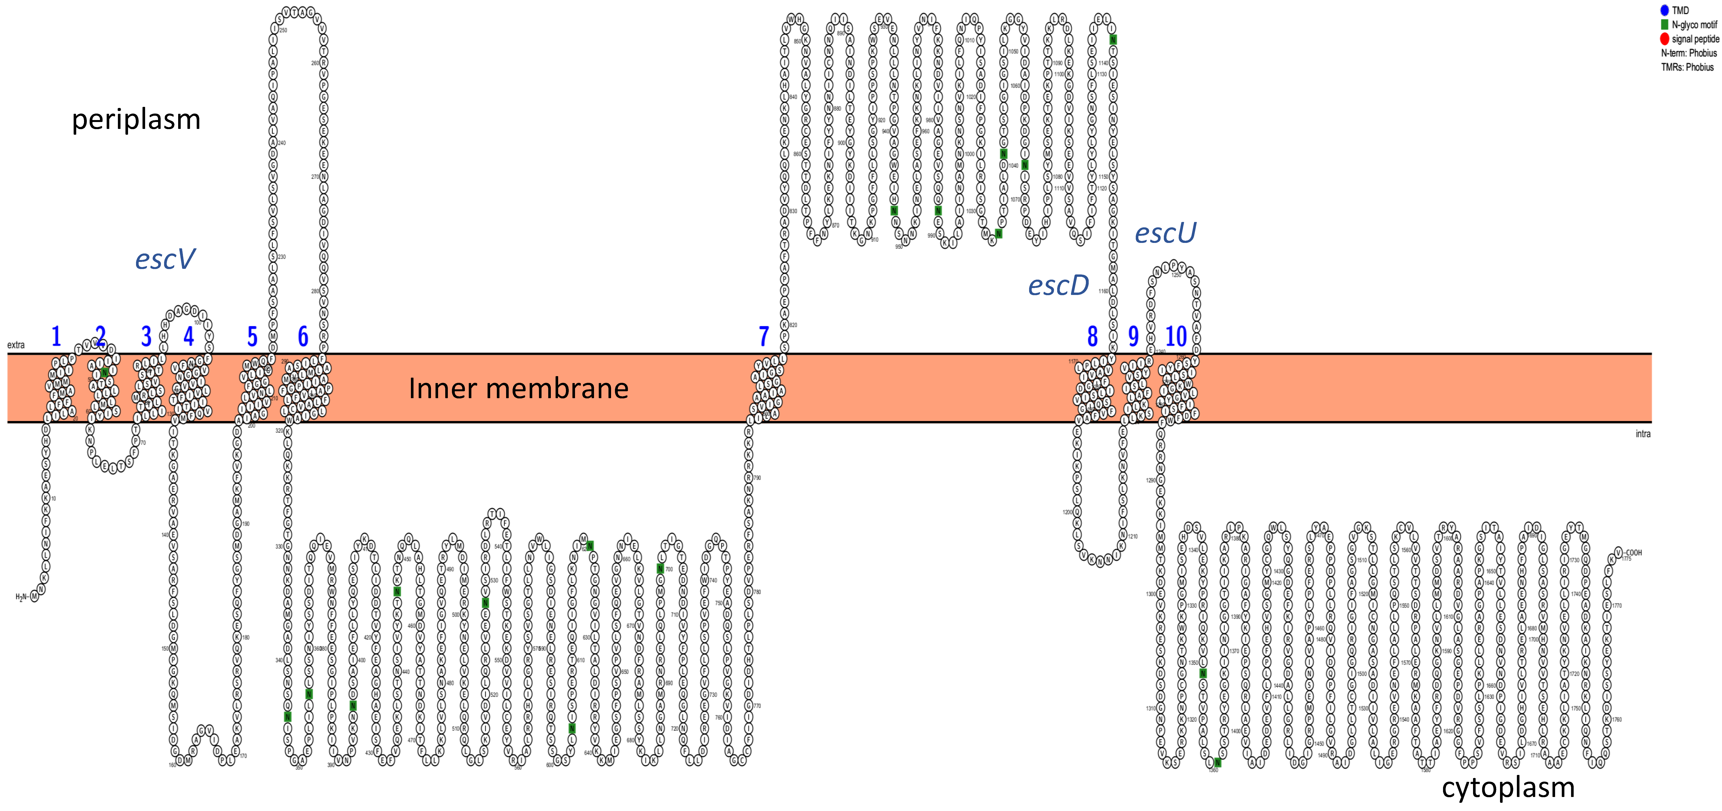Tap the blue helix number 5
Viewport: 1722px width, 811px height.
(252, 336)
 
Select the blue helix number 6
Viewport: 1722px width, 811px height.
(303, 336)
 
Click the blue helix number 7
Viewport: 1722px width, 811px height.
(764, 336)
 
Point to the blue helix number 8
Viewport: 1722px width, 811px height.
(1092, 336)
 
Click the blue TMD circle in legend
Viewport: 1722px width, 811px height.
(1665, 10)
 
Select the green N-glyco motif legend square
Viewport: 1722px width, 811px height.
(1665, 25)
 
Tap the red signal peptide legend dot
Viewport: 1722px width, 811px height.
(1665, 39)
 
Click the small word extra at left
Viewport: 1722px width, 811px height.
(16, 345)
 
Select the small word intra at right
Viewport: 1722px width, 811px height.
(1643, 434)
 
